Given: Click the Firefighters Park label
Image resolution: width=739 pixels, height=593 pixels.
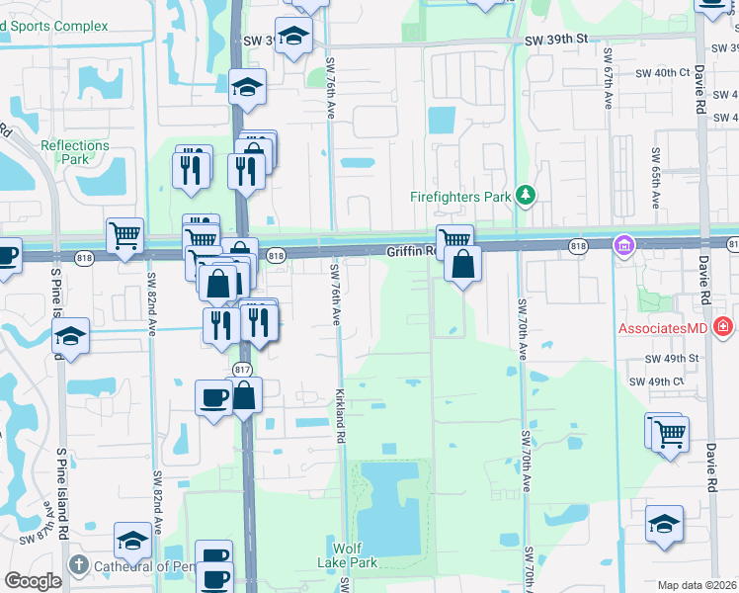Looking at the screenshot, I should pyautogui.click(x=460, y=197).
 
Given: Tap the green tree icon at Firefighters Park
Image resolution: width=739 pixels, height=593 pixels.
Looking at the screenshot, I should pyautogui.click(x=527, y=196).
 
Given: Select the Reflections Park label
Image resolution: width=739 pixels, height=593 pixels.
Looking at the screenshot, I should pyautogui.click(x=75, y=152).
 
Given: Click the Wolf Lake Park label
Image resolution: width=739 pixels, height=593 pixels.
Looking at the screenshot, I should pyautogui.click(x=355, y=555).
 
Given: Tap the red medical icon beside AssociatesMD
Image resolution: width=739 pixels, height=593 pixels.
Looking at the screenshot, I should pyautogui.click(x=723, y=326).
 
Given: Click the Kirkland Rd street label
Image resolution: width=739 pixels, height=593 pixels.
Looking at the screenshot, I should pyautogui.click(x=340, y=414).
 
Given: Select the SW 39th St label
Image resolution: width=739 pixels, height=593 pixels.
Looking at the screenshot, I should pyautogui.click(x=556, y=39).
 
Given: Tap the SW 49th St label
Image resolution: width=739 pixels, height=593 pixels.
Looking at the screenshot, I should pyautogui.click(x=672, y=359).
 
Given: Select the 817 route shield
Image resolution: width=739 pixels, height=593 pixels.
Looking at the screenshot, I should pyautogui.click(x=242, y=369).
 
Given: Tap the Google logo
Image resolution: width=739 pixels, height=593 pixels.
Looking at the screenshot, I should pyautogui.click(x=33, y=581).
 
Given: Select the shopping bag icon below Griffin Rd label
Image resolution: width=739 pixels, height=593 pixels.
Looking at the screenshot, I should pyautogui.click(x=462, y=265).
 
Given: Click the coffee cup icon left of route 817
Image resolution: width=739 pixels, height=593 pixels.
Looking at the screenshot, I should pyautogui.click(x=213, y=398).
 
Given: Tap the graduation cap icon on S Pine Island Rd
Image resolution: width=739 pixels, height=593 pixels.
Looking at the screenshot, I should pyautogui.click(x=70, y=337).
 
